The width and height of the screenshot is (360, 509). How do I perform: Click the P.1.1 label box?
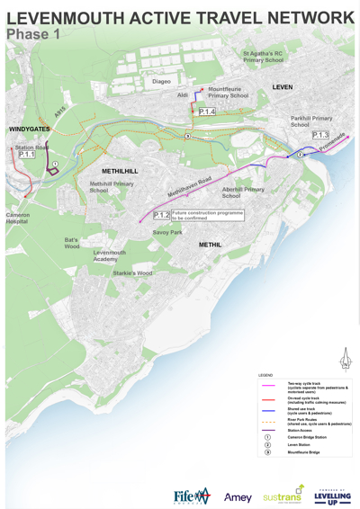click(x=26, y=155)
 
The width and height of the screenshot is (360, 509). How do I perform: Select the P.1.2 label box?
click(x=161, y=215)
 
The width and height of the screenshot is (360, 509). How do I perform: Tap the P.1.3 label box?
click(x=320, y=135)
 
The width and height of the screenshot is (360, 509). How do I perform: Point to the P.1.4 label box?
click(x=207, y=112)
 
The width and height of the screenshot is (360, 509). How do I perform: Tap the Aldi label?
click(x=183, y=94)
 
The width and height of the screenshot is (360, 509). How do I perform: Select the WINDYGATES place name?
click(x=30, y=129)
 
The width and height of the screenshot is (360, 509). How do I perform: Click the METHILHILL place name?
click(x=120, y=171)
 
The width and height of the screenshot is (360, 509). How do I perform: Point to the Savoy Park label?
click(x=167, y=232)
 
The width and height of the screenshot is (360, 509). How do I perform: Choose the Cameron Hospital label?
click(x=17, y=219)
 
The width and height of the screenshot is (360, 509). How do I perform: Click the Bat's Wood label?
click(x=72, y=243)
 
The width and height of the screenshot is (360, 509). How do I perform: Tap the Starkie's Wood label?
click(x=132, y=272)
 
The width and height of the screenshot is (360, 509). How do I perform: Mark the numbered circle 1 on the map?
click(x=54, y=164)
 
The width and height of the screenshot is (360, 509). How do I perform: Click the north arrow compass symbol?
click(x=344, y=359)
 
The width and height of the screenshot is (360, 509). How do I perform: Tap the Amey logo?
click(x=238, y=497)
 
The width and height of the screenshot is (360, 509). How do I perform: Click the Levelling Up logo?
click(x=333, y=496)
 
